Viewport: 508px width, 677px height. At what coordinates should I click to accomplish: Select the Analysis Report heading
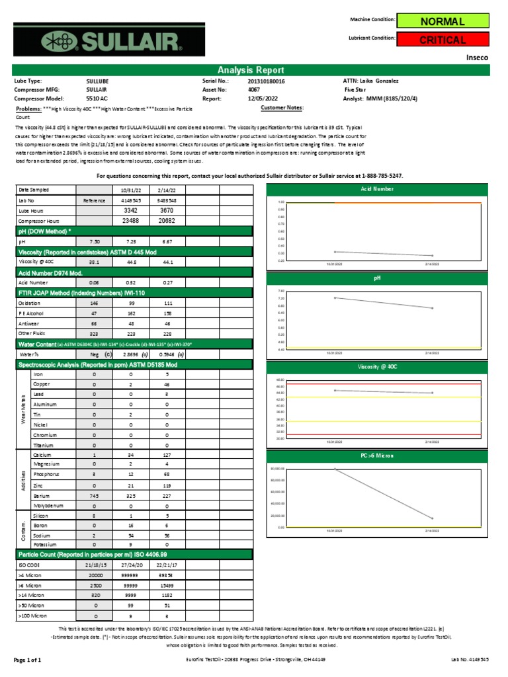tap(251, 70)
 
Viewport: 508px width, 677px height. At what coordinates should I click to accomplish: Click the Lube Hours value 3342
tap(130, 210)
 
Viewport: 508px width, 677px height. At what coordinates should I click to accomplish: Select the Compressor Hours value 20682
tap(166, 221)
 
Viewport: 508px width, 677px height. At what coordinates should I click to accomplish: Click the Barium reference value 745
tap(94, 495)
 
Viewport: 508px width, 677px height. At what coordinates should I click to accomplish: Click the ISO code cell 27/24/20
tap(130, 565)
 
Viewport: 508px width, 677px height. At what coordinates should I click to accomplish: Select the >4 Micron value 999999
tap(130, 575)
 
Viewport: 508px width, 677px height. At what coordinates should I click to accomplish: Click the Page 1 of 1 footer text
tap(28, 660)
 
